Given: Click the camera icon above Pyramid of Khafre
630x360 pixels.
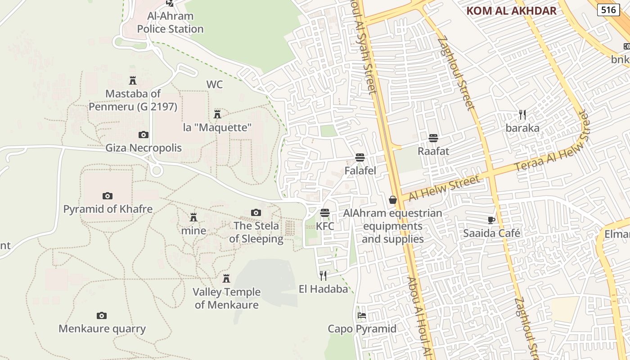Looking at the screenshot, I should pos(107,196).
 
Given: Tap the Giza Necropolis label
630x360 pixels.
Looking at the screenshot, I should pos(144,148).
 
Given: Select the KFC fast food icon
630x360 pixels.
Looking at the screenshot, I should pos(325,213).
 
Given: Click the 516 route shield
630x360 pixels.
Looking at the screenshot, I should pos(608,10).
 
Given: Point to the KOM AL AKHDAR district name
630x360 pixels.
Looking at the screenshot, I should pos(511,11).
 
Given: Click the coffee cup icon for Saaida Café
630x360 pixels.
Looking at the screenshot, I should pos(491,220).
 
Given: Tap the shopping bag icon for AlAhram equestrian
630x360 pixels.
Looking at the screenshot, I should pos(393,200).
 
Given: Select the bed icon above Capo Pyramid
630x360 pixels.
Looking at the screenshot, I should pos(362,315).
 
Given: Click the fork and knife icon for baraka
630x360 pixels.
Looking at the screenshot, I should pos(522,115).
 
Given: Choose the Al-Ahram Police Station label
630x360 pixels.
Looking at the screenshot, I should pos(170,22).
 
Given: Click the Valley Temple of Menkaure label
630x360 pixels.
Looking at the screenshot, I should pos(226,298).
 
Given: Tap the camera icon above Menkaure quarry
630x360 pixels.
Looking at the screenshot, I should pos(102,315).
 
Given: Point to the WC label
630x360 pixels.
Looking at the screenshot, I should pos(215,85).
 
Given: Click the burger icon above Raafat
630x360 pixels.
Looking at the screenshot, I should pos(433,138).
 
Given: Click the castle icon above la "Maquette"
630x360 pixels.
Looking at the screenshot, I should pos(217,114).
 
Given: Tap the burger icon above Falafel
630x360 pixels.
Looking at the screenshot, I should pos(360,157).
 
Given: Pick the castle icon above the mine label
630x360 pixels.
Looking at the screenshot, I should pos(193,217).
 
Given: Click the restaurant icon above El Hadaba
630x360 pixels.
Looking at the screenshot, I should pos(323,275).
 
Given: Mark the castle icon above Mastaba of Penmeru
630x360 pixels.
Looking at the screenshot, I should pos(133,81).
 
